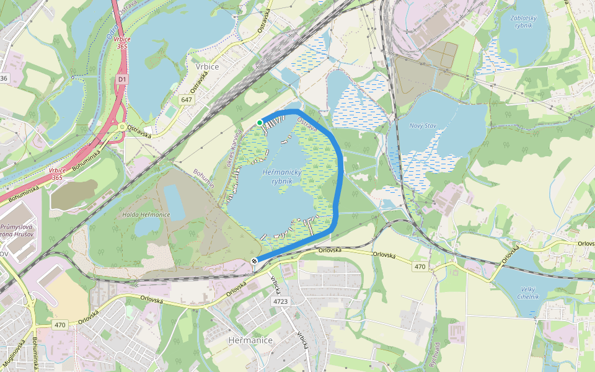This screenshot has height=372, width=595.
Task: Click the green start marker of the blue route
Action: (x=260, y=123)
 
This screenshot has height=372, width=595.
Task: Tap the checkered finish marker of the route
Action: (x=255, y=261)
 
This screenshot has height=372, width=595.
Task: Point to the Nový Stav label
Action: (x=423, y=126)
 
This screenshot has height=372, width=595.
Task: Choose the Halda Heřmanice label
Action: (x=148, y=215)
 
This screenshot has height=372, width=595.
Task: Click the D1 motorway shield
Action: (x=121, y=79)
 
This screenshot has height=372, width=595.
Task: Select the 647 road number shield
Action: (x=187, y=99)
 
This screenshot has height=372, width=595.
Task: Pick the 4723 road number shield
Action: (x=281, y=301)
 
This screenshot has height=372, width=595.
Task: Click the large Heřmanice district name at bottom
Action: (x=250, y=340)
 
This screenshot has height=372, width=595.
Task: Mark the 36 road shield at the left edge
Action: (x=4, y=78)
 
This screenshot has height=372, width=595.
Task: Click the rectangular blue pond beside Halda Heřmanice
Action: (x=174, y=202)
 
